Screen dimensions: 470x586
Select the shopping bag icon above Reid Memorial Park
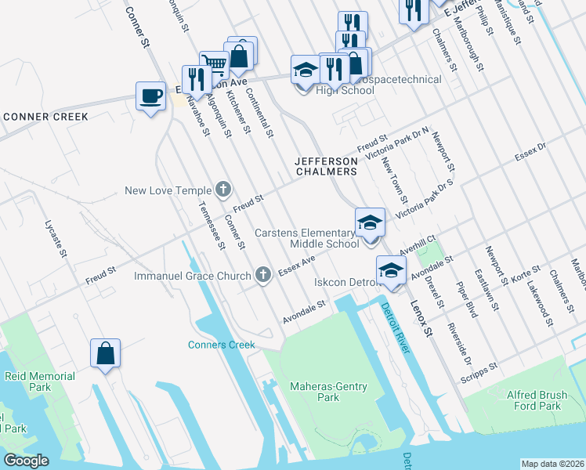105,354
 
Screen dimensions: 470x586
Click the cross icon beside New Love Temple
223,190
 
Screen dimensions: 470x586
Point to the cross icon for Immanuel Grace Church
264,275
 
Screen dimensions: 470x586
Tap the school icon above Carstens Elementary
370,223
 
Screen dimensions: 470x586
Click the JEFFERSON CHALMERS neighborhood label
325,165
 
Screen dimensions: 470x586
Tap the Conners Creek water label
222,345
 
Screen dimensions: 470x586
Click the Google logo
25,461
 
